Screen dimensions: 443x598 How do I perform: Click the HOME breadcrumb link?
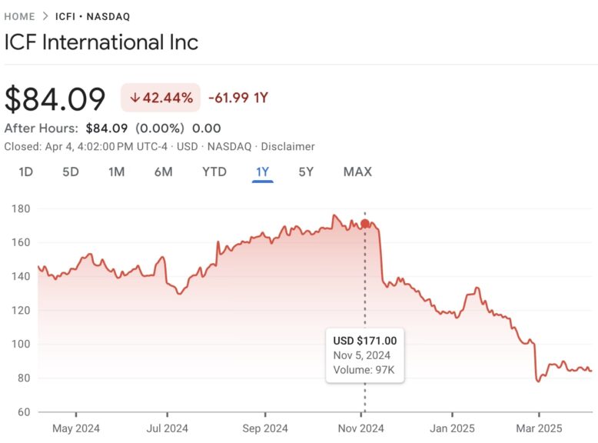coord(19,16)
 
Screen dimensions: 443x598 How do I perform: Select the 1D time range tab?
coord(25,172)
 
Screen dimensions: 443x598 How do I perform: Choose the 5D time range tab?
coord(71,172)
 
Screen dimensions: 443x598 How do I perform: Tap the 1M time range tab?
coord(116,172)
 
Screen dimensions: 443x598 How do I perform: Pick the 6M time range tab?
coord(163,172)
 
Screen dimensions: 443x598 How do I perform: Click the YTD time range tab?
coord(214,172)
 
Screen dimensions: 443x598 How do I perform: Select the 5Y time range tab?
coord(306,172)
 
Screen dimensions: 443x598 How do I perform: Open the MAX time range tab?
coord(357,172)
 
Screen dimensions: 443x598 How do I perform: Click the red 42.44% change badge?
coord(161,98)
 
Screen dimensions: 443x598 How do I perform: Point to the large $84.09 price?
coord(55,99)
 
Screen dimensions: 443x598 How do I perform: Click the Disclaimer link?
coord(288,146)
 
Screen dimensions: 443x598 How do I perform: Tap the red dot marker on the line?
coord(364,224)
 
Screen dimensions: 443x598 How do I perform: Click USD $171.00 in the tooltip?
coord(365,341)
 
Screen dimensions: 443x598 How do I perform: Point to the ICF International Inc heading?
coord(101,42)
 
